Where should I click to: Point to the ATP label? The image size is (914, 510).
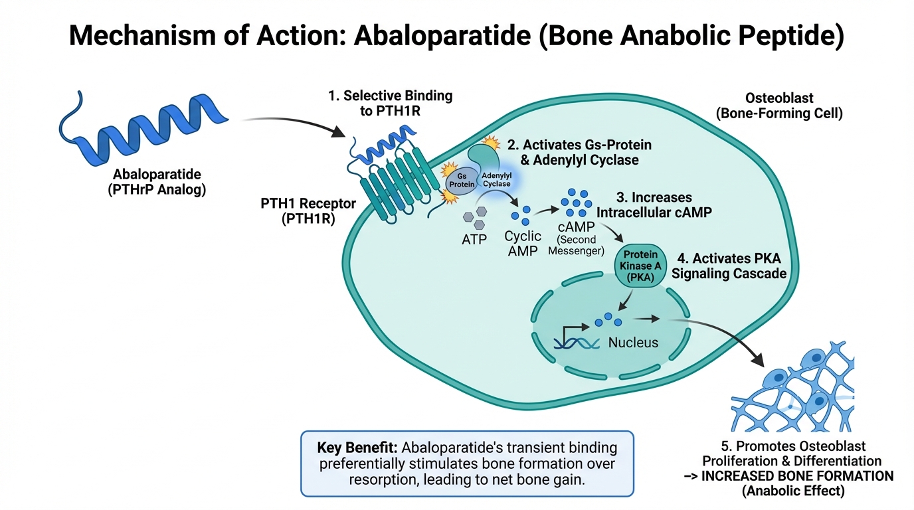[474, 239]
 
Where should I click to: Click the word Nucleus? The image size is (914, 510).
[633, 343]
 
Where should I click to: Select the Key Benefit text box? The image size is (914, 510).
[467, 464]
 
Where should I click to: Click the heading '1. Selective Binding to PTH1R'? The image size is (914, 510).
[390, 103]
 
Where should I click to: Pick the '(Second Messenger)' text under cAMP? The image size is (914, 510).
[576, 245]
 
